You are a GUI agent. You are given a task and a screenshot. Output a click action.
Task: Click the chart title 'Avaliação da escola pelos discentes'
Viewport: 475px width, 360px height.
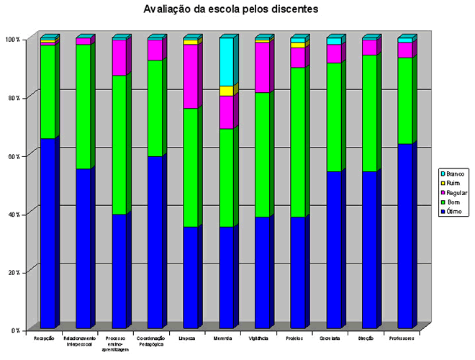pos(230,9)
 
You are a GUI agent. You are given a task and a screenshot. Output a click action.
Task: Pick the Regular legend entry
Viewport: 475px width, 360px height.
pos(456,192)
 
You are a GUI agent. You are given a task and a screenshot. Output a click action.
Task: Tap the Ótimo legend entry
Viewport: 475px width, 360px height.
pos(454,211)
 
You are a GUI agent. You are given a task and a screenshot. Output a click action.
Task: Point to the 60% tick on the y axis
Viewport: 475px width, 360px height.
pos(13,156)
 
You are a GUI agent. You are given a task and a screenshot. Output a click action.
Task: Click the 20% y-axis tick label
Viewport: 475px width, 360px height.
pos(13,272)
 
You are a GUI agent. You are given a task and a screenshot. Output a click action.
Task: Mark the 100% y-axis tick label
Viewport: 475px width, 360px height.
pos(12,39)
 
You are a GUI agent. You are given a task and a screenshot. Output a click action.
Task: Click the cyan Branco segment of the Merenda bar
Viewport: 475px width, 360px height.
pos(226,62)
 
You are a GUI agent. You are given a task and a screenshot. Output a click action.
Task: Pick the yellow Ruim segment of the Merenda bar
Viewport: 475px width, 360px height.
pos(226,91)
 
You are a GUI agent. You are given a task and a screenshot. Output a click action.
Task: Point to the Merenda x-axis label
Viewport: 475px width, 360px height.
pos(223,338)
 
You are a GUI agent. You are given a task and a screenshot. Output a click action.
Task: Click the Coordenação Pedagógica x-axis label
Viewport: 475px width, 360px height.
pos(151,341)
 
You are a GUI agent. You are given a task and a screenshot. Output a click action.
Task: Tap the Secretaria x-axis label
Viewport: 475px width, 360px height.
pos(331,338)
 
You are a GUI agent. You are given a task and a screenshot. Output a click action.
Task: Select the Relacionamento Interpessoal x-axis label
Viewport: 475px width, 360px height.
pos(80,341)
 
